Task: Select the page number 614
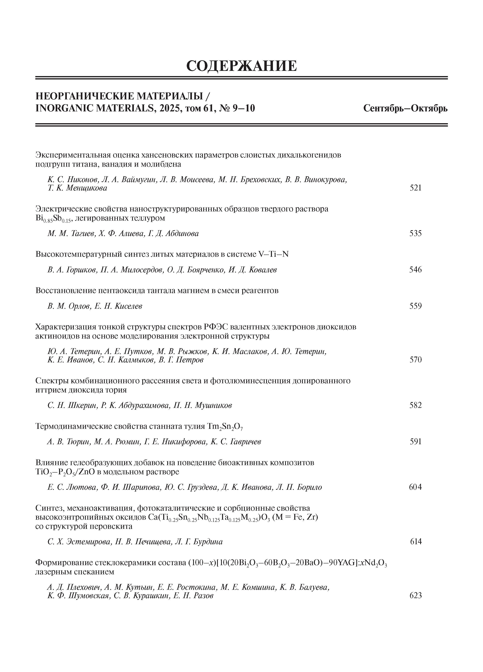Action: pyautogui.click(x=416, y=542)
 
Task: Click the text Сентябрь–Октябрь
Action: pyautogui.click(x=405, y=108)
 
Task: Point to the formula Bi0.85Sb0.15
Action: pyautogui.click(x=53, y=219)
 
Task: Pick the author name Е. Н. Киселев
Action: pyautogui.click(x=118, y=306)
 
